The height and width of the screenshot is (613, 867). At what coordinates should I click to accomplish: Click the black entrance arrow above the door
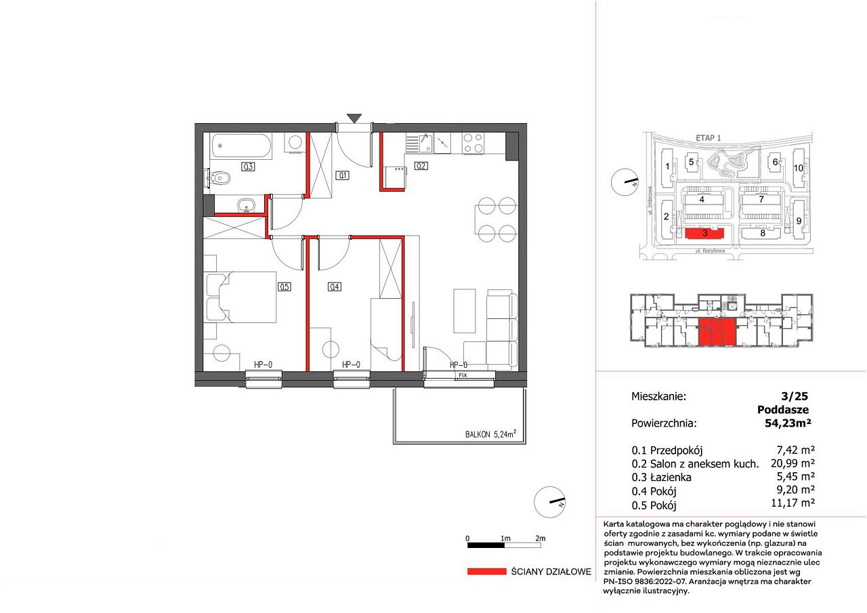(354, 118)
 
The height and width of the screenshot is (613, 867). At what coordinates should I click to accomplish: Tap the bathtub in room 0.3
(242, 146)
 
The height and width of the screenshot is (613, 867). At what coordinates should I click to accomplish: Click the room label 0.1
(343, 175)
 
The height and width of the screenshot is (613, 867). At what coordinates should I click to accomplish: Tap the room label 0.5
(284, 287)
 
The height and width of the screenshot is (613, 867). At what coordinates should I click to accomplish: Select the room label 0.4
(335, 287)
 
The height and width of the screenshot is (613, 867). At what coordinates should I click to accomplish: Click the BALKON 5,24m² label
(490, 434)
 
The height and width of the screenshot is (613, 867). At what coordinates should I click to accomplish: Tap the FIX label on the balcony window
(463, 375)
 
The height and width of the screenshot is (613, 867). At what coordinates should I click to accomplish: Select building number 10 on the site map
(799, 168)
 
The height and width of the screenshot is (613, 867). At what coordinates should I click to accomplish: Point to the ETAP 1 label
(709, 138)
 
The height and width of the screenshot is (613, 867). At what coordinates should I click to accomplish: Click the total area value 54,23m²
(788, 423)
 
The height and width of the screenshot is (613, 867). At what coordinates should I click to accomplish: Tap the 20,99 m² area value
(792, 463)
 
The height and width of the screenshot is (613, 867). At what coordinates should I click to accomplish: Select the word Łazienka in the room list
(671, 477)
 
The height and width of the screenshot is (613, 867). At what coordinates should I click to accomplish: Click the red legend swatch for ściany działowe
(486, 571)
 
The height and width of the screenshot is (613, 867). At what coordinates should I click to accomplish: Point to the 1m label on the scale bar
(505, 538)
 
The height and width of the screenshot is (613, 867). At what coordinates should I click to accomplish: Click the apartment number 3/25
(795, 396)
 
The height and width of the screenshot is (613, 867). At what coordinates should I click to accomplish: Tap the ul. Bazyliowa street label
(710, 251)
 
